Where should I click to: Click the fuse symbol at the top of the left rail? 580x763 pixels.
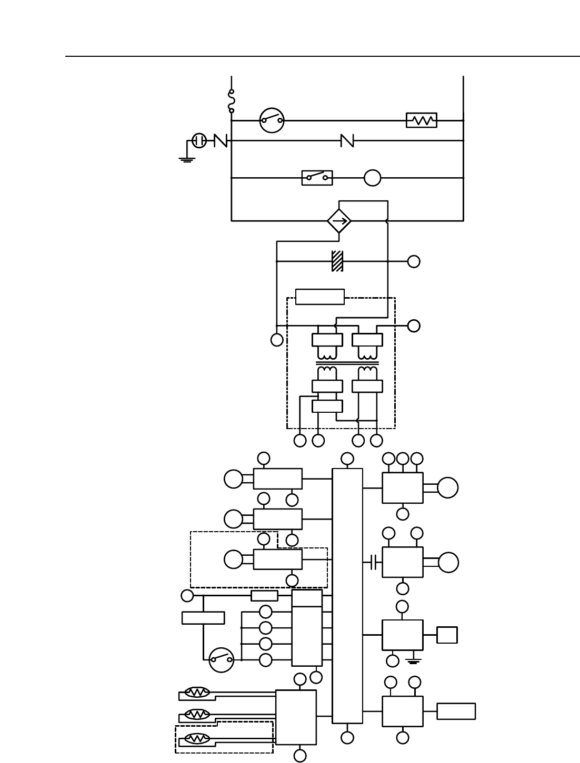coord(232,101)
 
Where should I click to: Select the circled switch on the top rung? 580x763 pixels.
coord(272,120)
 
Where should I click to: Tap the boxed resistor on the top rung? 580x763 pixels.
coord(422,120)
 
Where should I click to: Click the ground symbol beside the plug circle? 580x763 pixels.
coord(187,158)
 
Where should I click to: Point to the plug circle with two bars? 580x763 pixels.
coord(199,140)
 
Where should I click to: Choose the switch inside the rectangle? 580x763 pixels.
coord(317,178)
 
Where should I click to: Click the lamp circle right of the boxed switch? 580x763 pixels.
coord(373,178)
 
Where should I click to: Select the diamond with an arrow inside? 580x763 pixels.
coord(339,221)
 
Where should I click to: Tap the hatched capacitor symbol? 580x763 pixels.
coord(337,261)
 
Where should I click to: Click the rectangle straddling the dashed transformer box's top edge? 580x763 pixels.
coord(320,297)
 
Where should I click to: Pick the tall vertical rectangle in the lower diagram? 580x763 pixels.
coord(347,596)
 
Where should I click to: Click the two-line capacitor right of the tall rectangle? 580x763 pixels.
coord(374,562)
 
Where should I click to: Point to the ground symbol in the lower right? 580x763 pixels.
coord(414,661)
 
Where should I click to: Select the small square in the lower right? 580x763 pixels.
coord(447,635)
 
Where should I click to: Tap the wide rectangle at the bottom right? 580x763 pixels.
coord(456,711)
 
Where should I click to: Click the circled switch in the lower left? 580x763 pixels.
coord(222,660)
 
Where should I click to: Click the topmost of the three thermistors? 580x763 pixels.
coord(197,693)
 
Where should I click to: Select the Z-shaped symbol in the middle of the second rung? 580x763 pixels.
coord(347,140)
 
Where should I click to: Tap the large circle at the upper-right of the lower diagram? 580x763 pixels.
coord(447,487)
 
